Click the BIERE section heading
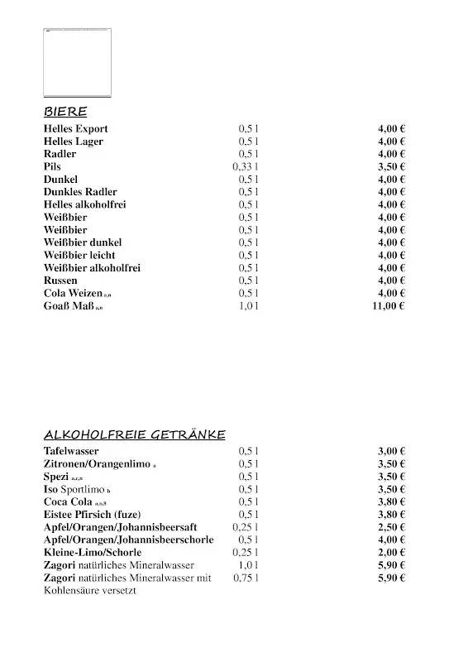point(65,112)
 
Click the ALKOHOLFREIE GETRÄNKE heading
point(134,434)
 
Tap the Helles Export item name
point(76,129)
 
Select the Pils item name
point(52,166)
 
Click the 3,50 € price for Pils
point(390,166)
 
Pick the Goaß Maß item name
point(69,306)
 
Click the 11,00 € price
point(388,306)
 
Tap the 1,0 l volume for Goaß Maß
point(248,306)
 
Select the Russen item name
point(60,281)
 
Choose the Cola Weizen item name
point(74,293)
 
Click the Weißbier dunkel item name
point(83,242)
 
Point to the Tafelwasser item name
point(71,451)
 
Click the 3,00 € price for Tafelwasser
point(390,451)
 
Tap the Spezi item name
point(56,477)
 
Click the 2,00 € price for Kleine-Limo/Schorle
point(390,552)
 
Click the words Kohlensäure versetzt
point(89,591)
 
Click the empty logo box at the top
point(77,62)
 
